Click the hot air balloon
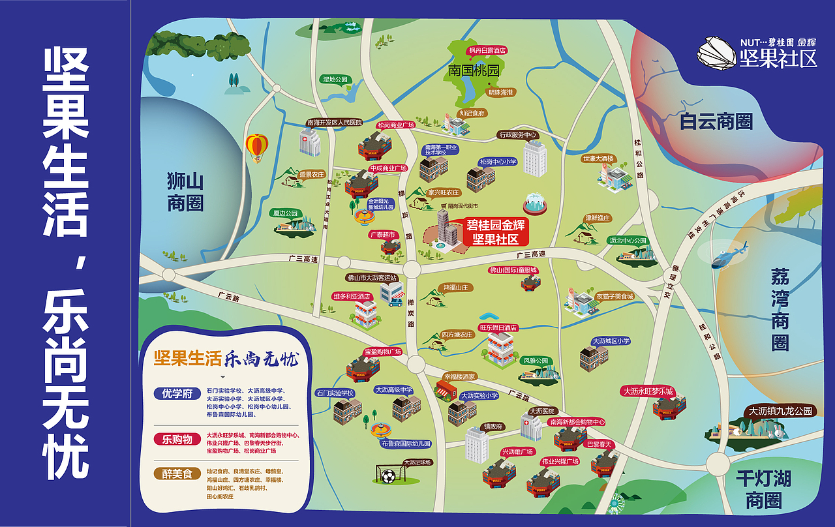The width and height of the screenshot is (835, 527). click(257, 147)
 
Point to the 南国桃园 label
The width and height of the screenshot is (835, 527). click(474, 70)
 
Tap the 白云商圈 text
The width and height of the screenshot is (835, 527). click(716, 122)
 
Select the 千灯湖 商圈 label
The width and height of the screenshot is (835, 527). click(763, 490)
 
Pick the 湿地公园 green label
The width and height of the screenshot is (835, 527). click(337, 80)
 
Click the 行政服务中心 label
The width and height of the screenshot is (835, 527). click(517, 135)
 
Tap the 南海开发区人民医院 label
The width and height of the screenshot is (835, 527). click(335, 123)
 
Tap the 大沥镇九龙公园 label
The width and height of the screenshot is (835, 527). click(780, 412)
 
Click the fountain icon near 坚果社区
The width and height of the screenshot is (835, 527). click(534, 202)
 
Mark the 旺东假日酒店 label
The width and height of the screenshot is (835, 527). click(498, 327)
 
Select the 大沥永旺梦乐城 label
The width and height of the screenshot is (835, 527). click(646, 391)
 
